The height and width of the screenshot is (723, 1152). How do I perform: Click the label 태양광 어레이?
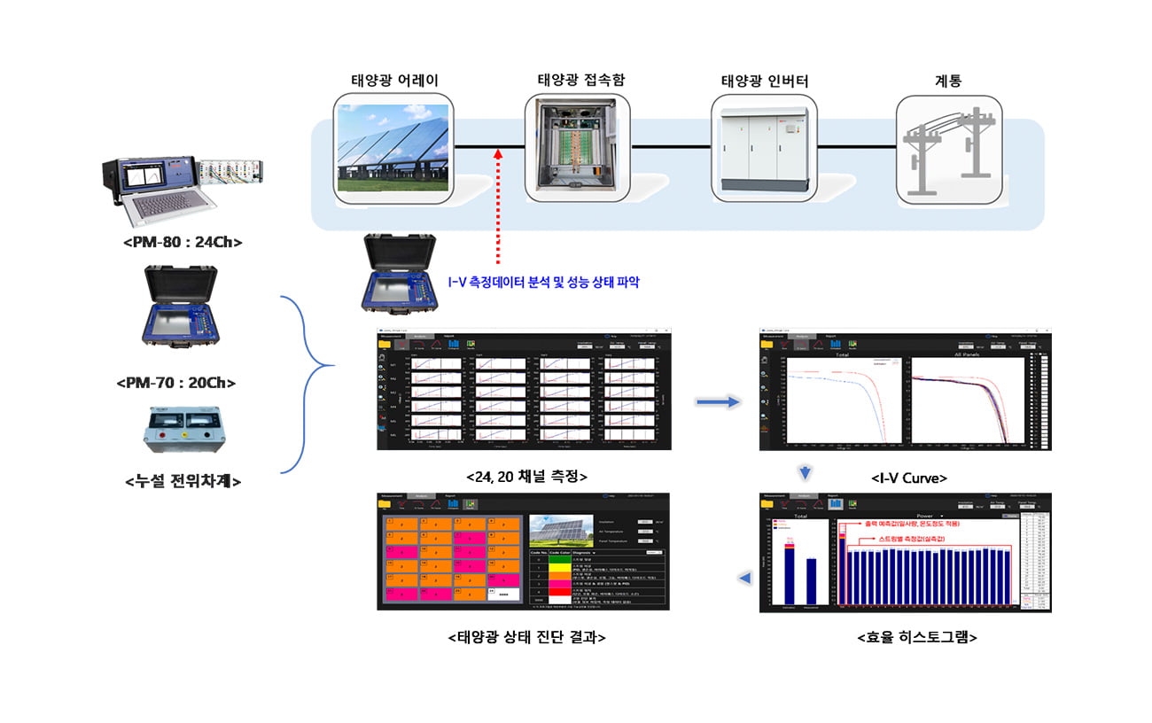pos(394,81)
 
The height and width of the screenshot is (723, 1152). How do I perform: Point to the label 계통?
pos(948,81)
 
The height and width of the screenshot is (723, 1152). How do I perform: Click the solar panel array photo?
pos(394,148)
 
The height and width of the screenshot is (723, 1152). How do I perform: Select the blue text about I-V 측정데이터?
pos(543,283)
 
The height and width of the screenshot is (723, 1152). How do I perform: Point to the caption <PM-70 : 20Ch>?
pos(179,383)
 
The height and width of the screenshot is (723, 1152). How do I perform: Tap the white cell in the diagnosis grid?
pos(502,595)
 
